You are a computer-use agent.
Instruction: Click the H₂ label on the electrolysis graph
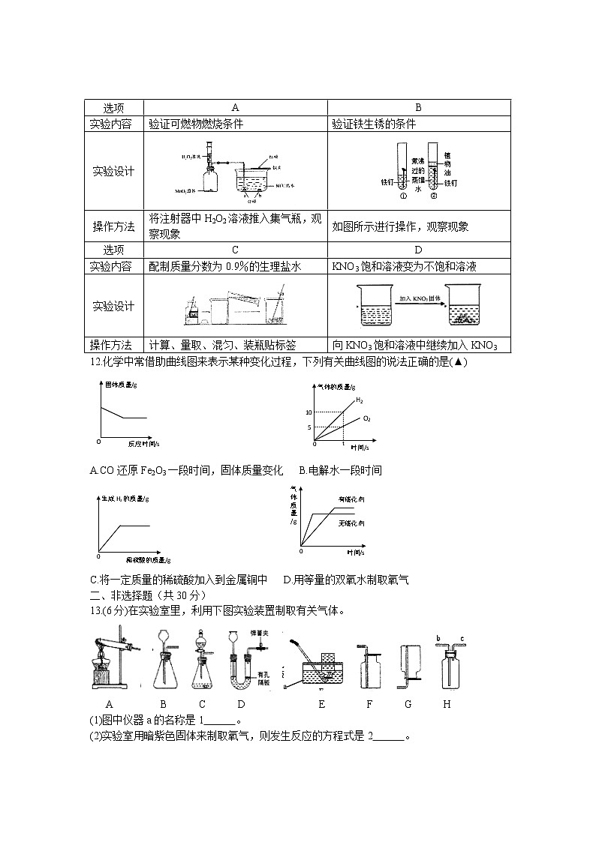[x=360, y=400]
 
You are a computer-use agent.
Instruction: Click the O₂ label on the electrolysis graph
[x=366, y=418]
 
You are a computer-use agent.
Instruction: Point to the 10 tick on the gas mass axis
[x=308, y=412]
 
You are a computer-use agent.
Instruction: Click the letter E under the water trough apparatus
[x=321, y=703]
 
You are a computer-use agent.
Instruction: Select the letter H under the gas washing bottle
[x=447, y=703]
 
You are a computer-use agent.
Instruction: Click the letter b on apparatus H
[x=438, y=638]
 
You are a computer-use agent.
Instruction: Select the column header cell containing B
[x=418, y=108]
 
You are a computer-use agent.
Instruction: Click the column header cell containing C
[x=235, y=250]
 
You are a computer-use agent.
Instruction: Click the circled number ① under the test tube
[x=402, y=196]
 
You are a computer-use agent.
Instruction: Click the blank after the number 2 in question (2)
[x=388, y=736]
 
